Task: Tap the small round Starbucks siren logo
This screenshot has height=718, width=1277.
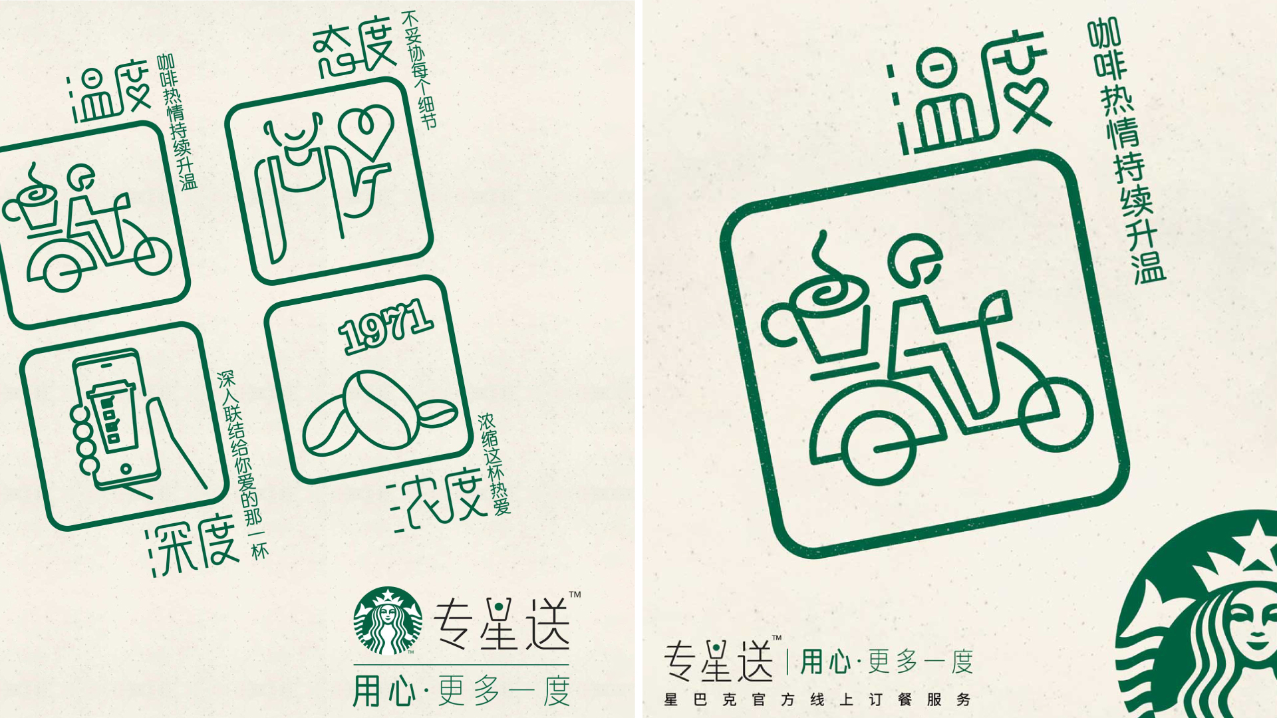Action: pos(388,621)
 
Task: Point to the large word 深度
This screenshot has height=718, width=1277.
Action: pos(192,544)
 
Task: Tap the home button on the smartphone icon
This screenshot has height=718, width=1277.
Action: pos(126,469)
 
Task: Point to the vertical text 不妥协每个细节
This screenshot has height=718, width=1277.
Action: pos(419,69)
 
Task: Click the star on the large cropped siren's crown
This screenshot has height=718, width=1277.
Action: pos(1256,537)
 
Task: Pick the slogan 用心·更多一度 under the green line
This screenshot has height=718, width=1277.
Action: pos(461,691)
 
